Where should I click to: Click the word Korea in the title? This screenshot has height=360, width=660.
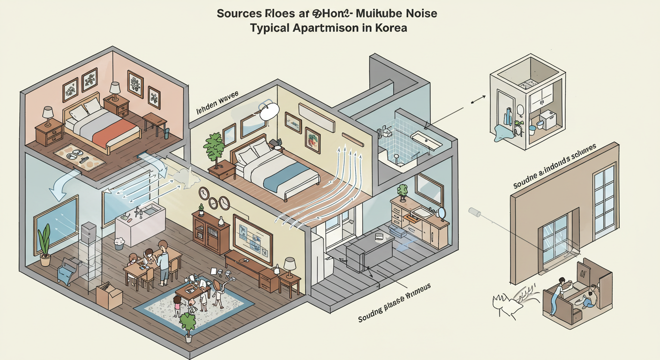[390, 28]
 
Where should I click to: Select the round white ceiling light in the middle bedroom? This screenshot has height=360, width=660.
[269, 112]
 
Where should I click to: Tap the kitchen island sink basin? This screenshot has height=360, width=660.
[150, 212]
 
